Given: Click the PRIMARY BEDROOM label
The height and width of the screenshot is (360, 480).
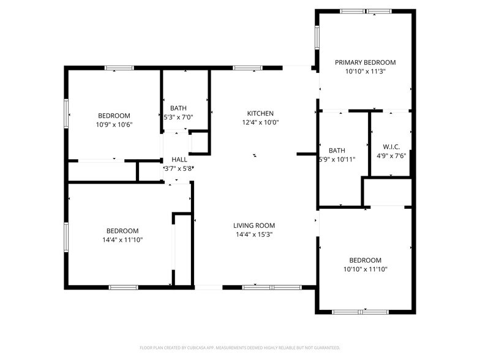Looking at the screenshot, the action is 365,62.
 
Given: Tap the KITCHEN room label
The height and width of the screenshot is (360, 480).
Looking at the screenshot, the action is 260,113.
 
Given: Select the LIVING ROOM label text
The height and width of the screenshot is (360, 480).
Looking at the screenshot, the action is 254,225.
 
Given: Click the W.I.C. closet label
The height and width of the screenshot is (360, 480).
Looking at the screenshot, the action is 391,147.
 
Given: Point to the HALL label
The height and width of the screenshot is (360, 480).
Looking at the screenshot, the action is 179,159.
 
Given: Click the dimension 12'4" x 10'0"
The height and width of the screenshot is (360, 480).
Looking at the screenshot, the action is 260,122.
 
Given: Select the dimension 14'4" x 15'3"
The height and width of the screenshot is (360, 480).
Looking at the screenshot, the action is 254,234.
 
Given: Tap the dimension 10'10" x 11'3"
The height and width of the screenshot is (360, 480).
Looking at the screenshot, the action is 365,72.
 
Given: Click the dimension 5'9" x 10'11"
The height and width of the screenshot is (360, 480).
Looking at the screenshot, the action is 337,159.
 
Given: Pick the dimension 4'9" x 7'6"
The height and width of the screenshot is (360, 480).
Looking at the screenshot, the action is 391,156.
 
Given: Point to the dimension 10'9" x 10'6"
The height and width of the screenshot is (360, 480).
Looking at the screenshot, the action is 114,125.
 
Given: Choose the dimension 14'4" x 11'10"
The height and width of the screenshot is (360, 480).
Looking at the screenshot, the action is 122,240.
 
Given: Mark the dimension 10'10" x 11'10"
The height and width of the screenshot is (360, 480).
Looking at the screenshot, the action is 365,269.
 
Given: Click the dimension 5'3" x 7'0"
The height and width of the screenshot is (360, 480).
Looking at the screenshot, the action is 178,117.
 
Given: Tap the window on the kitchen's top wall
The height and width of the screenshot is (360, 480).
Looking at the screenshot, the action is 247,68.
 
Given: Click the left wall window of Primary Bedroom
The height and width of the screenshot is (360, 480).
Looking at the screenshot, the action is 317,38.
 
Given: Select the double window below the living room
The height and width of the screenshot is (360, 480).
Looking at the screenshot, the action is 272,288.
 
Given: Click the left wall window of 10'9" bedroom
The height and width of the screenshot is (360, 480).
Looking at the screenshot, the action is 66,113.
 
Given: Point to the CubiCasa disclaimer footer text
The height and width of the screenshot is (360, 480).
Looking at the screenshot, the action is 240,348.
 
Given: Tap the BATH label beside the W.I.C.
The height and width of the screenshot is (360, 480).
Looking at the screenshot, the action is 337,151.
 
